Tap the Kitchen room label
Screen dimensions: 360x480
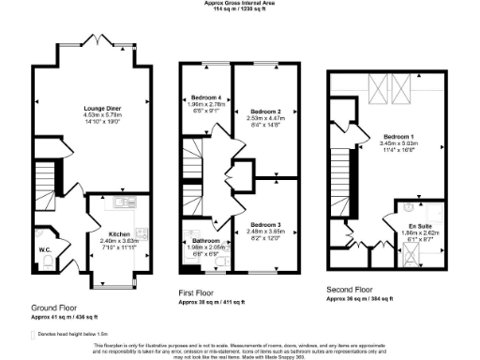(x=118, y=234)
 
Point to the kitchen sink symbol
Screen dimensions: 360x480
(x=121, y=202)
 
